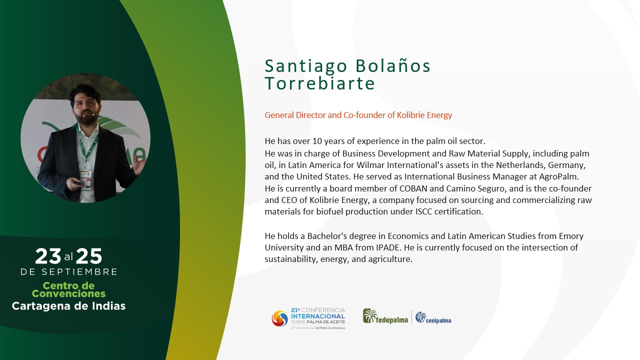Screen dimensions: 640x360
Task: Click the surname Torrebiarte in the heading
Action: point(319,83)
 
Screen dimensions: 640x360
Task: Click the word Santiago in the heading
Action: point(305,66)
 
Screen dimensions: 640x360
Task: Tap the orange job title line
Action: point(358,115)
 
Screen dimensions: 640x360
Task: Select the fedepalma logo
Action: point(385,316)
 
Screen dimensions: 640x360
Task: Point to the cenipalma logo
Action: point(433,317)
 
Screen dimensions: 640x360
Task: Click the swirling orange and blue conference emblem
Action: point(279,318)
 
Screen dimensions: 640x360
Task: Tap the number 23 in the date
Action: point(48,256)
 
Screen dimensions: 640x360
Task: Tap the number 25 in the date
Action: point(89,256)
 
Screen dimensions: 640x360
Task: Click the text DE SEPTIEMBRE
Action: point(69,271)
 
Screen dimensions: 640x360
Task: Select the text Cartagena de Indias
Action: point(68,306)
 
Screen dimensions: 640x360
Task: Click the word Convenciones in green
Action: point(68,293)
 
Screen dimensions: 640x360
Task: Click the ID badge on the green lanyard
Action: point(85,180)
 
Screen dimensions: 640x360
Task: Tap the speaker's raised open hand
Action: point(139,165)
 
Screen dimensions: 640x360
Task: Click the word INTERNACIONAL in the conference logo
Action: point(317,316)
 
